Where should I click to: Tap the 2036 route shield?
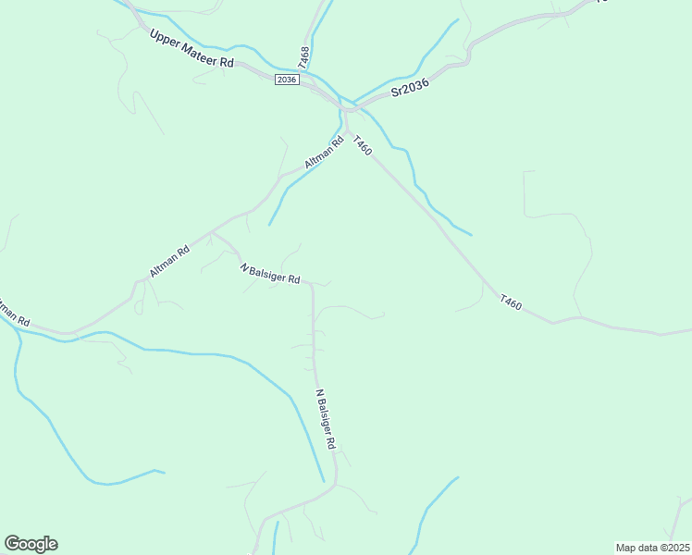pyautogui.click(x=286, y=80)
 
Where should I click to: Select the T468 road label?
pyautogui.click(x=304, y=56)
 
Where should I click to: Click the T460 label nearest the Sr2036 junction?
pyautogui.click(x=362, y=146)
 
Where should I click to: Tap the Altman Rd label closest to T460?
pyautogui.click(x=324, y=153)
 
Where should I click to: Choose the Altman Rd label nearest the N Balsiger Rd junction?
pyautogui.click(x=169, y=261)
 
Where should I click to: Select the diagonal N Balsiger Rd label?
pyautogui.click(x=270, y=274)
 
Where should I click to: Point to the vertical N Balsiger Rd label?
pyautogui.click(x=325, y=418)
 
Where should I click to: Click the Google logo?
pyautogui.click(x=31, y=544)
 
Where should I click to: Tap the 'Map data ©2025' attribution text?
pyautogui.click(x=652, y=548)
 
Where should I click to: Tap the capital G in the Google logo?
pyautogui.click(x=12, y=544)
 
